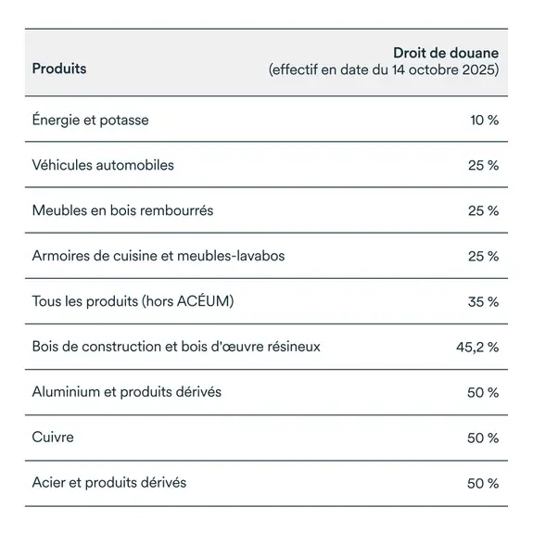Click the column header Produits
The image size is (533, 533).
click(x=59, y=70)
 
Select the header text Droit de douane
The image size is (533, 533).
click(x=446, y=54)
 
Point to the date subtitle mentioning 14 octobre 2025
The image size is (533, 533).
click(x=384, y=70)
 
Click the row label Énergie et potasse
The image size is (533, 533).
click(x=90, y=120)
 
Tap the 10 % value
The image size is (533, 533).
click(x=484, y=120)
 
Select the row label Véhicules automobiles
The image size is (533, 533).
click(x=103, y=165)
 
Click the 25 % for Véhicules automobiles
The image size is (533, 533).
click(x=483, y=165)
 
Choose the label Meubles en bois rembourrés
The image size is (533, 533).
click(x=122, y=210)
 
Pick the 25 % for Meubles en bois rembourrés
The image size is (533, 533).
click(x=483, y=210)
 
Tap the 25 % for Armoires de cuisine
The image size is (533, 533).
click(x=483, y=256)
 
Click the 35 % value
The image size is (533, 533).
click(x=483, y=301)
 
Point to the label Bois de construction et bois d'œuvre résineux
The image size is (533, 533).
click(x=176, y=347)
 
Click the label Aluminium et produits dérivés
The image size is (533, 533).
click(x=127, y=392)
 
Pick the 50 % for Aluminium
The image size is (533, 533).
click(x=483, y=392)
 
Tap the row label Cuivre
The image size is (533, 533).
click(x=53, y=438)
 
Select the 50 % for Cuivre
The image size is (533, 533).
click(x=483, y=438)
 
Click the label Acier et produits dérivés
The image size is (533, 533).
click(x=109, y=483)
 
